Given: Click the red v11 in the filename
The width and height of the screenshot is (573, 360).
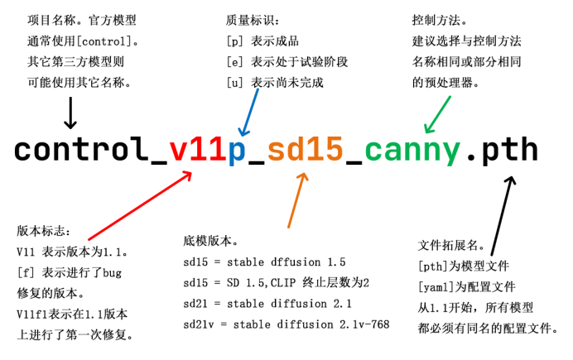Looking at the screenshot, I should click(197, 150).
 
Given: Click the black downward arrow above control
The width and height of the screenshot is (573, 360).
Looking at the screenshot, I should click(70, 111).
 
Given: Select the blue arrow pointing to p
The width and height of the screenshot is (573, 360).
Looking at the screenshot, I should click(248, 111).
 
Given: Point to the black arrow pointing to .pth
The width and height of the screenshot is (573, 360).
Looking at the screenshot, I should click(502, 212).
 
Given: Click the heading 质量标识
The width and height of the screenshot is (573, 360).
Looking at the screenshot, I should click(252, 19).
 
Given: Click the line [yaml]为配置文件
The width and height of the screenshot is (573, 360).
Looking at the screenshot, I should click(466, 287).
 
